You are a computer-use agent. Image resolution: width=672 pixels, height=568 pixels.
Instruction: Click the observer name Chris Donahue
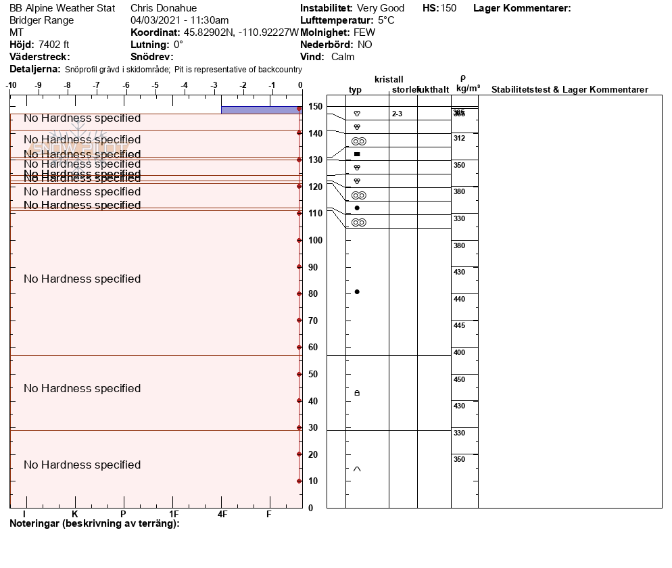(x=163, y=8)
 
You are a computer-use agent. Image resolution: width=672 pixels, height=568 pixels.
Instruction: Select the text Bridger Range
(x=42, y=20)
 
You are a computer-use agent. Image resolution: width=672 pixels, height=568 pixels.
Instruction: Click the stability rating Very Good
(x=381, y=8)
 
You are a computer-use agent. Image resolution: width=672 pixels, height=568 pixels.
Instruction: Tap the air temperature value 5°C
(x=386, y=20)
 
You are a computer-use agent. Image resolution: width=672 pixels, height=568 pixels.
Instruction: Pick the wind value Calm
(x=343, y=57)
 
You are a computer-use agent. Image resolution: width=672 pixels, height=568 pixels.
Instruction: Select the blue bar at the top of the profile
(x=261, y=110)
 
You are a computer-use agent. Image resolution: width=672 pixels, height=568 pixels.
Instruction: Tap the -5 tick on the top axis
(x=155, y=85)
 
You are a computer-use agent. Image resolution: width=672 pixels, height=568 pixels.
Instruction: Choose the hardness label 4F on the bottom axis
(x=222, y=515)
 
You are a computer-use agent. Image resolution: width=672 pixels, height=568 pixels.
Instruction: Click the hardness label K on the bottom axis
(x=75, y=515)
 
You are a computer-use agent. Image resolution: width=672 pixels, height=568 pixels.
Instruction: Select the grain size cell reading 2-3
(x=397, y=114)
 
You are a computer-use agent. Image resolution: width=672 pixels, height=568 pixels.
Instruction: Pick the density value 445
(x=459, y=325)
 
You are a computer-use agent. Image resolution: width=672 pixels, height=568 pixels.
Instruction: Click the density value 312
(x=459, y=138)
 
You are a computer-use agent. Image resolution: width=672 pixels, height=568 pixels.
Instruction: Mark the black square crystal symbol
(x=357, y=154)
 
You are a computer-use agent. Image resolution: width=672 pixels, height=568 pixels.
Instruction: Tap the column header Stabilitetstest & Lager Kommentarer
(x=569, y=90)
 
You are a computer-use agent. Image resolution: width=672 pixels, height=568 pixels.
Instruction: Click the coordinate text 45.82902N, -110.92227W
(x=241, y=32)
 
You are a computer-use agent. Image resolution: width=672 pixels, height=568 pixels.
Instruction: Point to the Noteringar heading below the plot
(x=94, y=523)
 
